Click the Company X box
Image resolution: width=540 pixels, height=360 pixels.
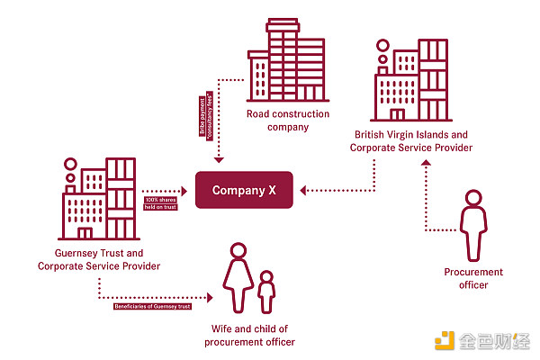tap(244, 190)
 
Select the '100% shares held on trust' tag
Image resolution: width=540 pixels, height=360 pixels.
tap(159, 202)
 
